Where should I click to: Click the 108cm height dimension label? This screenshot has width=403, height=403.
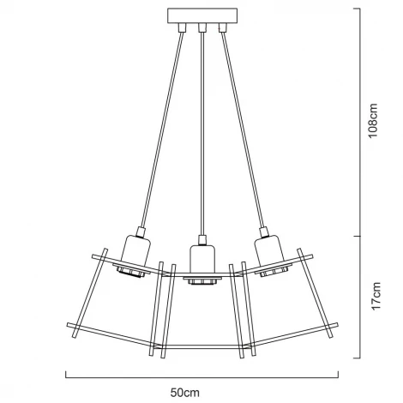point(373,121)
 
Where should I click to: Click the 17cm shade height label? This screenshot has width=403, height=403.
point(376,296)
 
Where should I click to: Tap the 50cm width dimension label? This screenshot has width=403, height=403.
point(185,393)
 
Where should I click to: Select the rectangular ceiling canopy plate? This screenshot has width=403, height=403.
point(202,15)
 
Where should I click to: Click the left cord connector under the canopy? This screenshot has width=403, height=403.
point(182,27)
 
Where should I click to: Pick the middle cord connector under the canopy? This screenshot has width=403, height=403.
point(202,27)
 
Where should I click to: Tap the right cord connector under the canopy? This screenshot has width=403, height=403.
point(223,27)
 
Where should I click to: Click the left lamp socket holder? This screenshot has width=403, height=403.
point(136,251)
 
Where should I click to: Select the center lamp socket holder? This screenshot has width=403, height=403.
point(202,259)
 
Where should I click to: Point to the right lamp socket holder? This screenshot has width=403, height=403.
point(269,251)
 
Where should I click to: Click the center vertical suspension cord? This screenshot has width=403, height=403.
point(202,134)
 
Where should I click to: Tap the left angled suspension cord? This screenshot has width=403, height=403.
point(162,129)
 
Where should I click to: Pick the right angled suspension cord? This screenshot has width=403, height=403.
point(244,129)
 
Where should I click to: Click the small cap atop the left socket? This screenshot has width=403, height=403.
point(141,232)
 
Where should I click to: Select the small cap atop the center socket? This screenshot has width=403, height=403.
point(202,240)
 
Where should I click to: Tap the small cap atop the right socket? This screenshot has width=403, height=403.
point(264,232)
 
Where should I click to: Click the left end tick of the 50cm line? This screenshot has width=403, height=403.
point(66,375)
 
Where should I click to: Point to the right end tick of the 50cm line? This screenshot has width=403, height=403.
point(339,375)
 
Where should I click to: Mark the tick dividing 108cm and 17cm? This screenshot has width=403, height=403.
point(358,236)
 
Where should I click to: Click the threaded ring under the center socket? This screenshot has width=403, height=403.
point(202,282)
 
